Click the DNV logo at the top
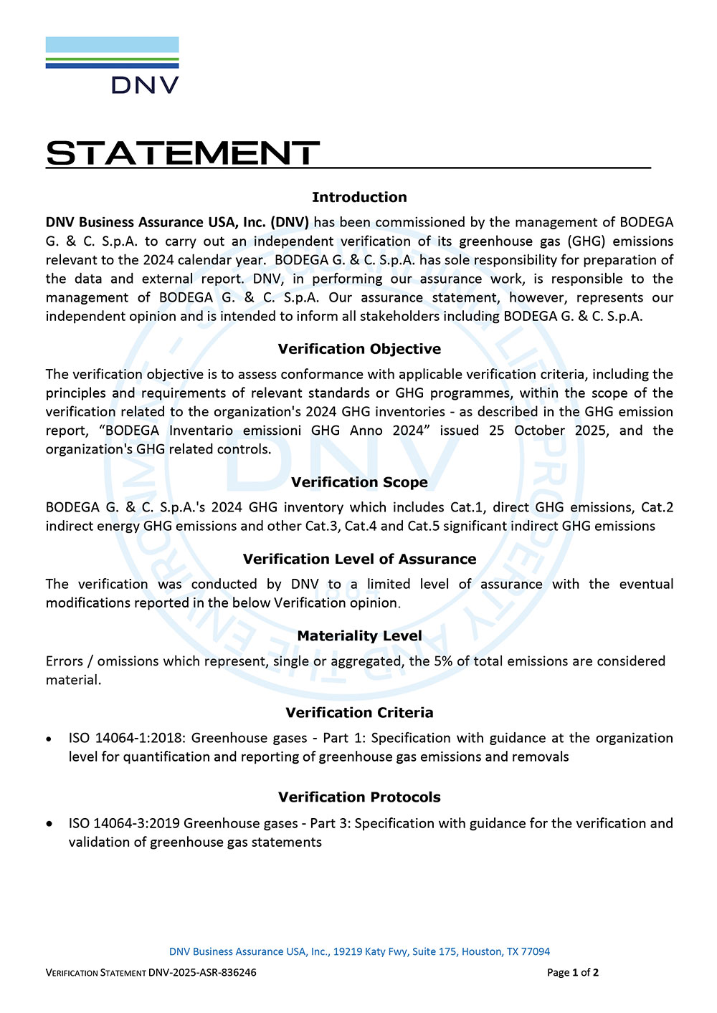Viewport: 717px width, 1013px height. [x=113, y=65]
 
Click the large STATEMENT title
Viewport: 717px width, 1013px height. [x=183, y=153]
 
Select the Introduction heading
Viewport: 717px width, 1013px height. [x=359, y=197]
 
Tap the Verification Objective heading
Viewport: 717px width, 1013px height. [x=359, y=349]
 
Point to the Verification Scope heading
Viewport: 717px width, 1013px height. [x=359, y=482]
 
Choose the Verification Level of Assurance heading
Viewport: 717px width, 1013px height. [x=359, y=559]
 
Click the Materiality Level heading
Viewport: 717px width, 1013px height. [x=359, y=635]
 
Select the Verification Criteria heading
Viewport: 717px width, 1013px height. [x=359, y=712]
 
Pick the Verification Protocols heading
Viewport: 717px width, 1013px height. [x=359, y=797]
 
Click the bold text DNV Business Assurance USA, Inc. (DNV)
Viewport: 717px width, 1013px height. [x=177, y=222]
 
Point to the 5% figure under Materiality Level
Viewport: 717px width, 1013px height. [x=443, y=661]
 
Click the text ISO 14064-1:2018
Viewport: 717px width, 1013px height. [x=127, y=738]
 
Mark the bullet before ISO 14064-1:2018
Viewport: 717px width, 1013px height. [x=49, y=739]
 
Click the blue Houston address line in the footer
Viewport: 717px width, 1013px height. [x=359, y=951]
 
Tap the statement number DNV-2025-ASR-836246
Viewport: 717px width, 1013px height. [x=202, y=972]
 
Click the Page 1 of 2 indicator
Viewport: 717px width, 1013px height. [x=572, y=972]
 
